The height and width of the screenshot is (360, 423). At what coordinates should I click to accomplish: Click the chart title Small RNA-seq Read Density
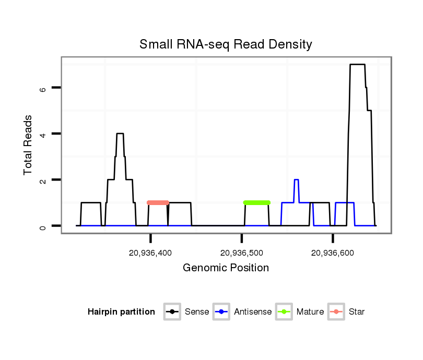[x=226, y=44]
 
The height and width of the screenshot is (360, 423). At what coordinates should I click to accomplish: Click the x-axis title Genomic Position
[x=226, y=268]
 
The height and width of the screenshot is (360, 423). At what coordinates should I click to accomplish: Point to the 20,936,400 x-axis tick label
[x=150, y=253]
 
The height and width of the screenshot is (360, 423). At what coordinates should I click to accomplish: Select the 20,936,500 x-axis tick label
[x=242, y=253]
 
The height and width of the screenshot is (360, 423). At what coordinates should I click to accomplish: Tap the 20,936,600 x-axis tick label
[x=333, y=253]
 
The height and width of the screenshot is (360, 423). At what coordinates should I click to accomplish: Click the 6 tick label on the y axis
[x=43, y=88]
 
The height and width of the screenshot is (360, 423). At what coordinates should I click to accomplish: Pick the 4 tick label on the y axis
[x=43, y=134]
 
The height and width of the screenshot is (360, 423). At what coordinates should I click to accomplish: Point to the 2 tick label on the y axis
[x=43, y=180]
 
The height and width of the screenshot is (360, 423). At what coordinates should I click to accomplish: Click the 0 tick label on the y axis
[x=43, y=226]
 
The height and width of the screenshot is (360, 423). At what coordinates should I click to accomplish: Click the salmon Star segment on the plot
[x=158, y=202]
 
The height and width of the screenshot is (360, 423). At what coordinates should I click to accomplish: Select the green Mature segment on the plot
[x=256, y=202]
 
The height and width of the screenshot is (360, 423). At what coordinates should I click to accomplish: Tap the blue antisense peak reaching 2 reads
[x=296, y=180]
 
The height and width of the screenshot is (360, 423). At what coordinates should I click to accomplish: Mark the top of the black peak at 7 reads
[x=357, y=65]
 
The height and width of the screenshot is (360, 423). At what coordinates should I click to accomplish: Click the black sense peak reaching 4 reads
[x=120, y=134]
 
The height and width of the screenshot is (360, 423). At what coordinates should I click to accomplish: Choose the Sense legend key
[x=172, y=312]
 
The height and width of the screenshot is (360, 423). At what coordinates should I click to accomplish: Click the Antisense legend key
[x=221, y=312]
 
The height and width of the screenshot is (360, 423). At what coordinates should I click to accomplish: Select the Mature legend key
[x=284, y=312]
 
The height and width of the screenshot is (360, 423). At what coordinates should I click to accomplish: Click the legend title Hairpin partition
[x=121, y=312]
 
